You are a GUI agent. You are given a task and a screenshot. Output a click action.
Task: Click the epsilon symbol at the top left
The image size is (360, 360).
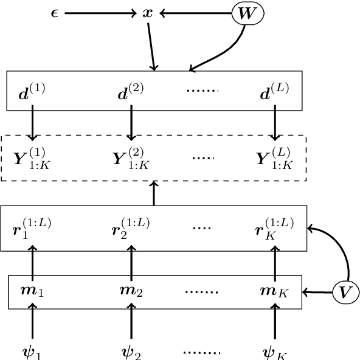54,13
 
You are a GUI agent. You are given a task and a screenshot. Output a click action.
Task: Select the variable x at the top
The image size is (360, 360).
147,12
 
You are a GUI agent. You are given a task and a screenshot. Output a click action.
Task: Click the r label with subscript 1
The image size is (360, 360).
32,229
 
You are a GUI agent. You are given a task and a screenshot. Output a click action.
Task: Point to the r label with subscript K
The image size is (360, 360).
274,229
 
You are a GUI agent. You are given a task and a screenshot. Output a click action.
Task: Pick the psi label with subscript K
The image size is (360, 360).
274,351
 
